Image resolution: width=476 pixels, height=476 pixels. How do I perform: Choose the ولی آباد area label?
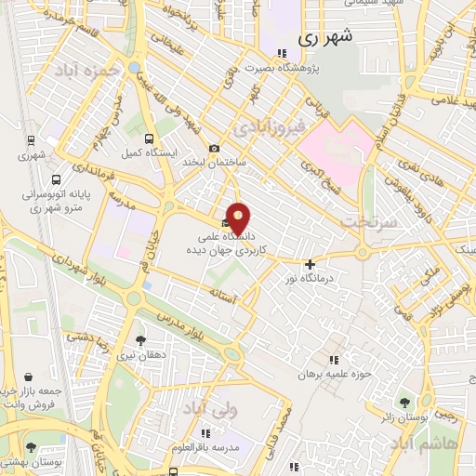click(209, 410)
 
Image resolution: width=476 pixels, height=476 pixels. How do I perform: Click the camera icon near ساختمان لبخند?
click(216, 148)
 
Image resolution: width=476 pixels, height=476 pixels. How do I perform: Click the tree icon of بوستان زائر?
click(404, 403)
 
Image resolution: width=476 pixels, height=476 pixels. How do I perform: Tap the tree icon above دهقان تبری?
click(140, 340)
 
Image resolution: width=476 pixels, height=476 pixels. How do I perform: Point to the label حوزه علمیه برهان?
click(334, 375)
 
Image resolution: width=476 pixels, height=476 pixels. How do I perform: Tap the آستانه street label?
click(251, 297)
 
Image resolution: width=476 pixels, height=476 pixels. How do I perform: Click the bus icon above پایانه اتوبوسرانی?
click(58, 179)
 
